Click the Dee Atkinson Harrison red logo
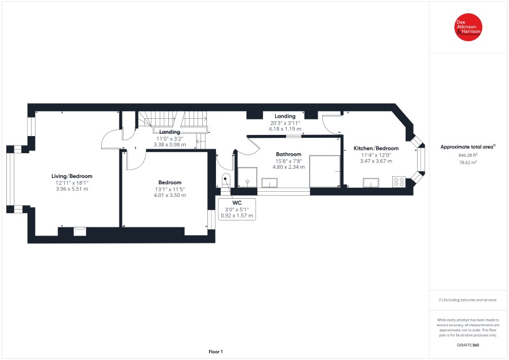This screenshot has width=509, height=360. pos(469,28)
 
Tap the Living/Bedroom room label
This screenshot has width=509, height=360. pos(71,176)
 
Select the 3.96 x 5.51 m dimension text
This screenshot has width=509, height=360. pos(71,188)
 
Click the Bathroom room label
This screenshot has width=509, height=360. pos(288,154)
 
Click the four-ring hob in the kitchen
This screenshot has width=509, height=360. pos(399,181)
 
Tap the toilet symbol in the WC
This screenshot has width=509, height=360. pos(226,179)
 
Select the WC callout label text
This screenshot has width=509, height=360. pos(237,203)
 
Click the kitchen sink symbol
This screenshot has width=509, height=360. pos(371,183)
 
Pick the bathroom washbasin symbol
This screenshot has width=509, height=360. pos(270,183)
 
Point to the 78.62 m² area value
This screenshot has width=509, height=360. pos(469,162)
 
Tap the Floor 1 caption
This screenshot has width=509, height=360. pos(215,351)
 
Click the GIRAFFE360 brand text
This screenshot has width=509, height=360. pos(468,344)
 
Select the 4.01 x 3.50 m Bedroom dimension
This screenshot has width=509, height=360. pos(170,195)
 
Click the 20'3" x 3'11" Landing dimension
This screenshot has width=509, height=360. pos(285,123)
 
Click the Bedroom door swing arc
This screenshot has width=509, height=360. pos(136,161)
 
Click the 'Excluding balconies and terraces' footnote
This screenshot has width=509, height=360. pos(468,300)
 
